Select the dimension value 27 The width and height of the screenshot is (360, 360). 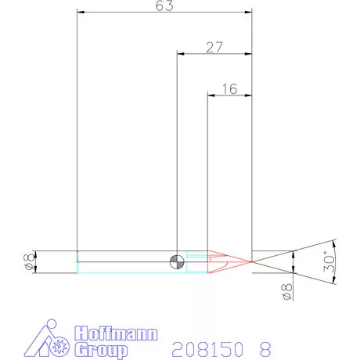coord(214,47)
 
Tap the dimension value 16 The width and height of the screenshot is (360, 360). coord(229,88)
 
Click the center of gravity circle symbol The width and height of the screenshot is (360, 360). coord(178,261)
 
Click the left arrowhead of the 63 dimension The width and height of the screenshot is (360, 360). coord(81,13)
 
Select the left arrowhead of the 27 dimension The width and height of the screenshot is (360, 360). coord(180,54)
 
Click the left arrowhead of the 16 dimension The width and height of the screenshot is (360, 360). coord(210,95)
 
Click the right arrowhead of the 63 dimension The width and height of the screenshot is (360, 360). coord(250,13)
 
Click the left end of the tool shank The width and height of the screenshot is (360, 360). coord(77,261)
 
